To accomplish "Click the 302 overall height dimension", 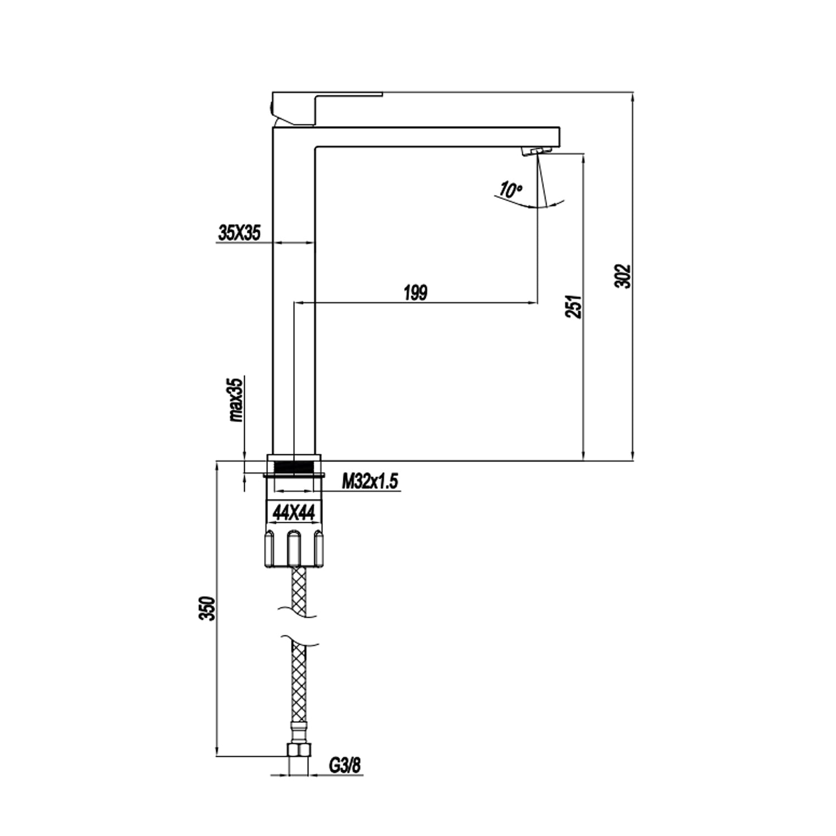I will click(624, 276).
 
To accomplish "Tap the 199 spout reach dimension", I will click(415, 293).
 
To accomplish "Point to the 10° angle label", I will click(510, 190).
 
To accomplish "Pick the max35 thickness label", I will click(236, 400).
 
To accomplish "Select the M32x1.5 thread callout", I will click(370, 481).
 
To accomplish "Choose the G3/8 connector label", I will click(344, 765).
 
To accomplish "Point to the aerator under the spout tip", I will click(536, 151).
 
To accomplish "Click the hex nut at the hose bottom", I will click(299, 750).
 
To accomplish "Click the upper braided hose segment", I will click(299, 591).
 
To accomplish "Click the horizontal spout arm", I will click(435, 137).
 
